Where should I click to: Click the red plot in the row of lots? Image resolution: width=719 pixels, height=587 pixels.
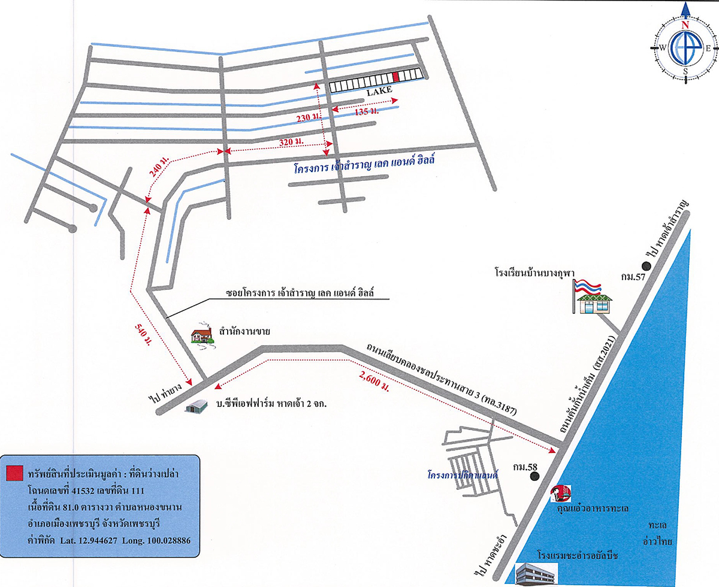point(395,76)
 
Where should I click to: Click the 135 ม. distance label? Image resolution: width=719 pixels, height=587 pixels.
point(366,112)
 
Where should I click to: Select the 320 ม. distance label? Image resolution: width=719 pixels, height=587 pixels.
point(290,142)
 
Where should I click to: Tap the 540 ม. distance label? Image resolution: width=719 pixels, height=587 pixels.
point(142,334)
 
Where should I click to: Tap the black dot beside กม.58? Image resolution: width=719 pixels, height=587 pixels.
point(535,477)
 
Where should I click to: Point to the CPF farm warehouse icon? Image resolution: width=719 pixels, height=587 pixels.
point(195,408)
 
